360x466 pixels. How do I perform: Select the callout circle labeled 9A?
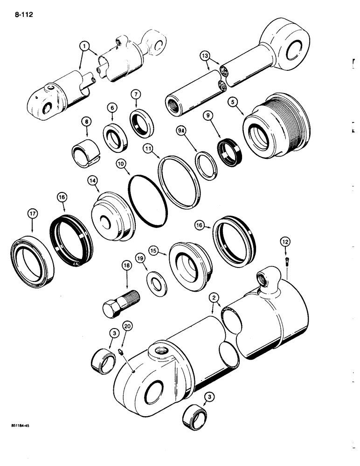tap(181, 132)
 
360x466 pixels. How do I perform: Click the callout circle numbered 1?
tap(84, 47)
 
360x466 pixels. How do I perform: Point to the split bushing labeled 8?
tap(84, 152)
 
